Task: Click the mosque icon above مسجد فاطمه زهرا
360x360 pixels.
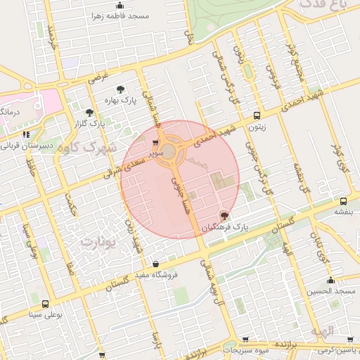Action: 120,5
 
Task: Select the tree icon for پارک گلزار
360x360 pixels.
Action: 89,112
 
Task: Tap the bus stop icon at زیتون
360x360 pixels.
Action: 257,115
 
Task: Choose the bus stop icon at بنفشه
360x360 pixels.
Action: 342,200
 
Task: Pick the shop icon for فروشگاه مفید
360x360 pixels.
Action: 155,264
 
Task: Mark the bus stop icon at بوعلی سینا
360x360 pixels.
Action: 46,304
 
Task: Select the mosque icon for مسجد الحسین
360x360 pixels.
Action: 330,281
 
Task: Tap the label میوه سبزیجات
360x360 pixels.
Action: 247,349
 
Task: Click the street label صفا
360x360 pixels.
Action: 71,266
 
